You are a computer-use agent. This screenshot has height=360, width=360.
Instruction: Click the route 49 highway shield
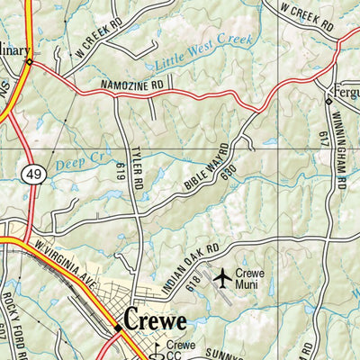pos(33,173)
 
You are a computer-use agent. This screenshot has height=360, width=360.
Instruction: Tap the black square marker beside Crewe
pos(118,329)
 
